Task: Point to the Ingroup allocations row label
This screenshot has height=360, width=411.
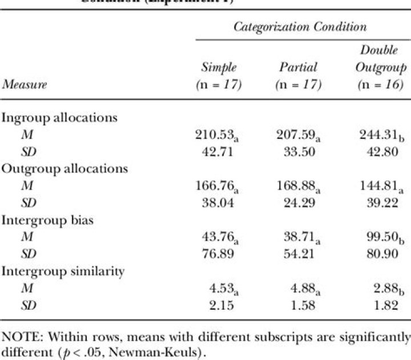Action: point(59,118)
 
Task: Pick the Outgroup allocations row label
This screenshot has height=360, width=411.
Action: point(65,169)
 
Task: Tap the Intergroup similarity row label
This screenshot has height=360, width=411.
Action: point(63,271)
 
